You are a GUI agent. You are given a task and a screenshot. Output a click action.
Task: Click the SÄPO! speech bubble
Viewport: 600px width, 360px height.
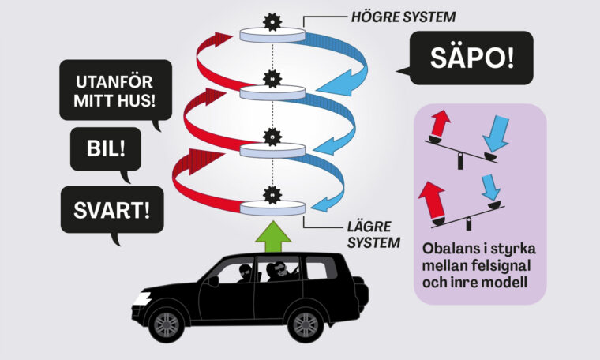point(471,58)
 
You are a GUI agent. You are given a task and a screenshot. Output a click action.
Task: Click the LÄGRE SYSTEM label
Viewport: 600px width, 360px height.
point(371,234)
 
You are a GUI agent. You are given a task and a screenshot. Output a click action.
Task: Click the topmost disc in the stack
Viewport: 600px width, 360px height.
point(272,36)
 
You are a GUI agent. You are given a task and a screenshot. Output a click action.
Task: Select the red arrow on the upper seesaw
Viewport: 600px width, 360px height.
point(440,125)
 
